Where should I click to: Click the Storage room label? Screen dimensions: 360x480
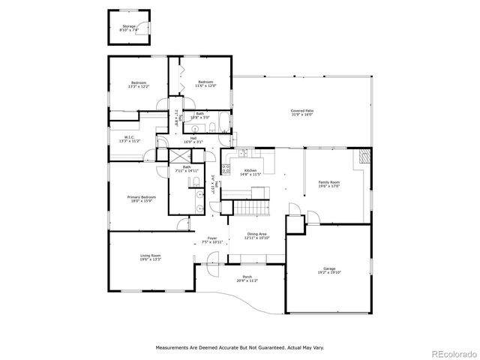129,26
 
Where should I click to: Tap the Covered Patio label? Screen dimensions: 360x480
302,110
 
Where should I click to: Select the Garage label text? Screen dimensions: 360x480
328,268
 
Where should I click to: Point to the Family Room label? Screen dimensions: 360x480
329,182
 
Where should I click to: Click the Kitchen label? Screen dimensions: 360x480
250,170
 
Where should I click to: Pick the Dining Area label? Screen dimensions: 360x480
258,234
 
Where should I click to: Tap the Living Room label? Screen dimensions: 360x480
150,256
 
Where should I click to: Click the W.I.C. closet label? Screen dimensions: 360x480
130,136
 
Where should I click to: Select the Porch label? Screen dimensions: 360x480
247,277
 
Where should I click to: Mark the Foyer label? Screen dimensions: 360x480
213,238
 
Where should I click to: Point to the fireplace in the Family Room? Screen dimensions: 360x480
364,157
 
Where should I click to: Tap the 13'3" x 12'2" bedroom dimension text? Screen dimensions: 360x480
139,86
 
